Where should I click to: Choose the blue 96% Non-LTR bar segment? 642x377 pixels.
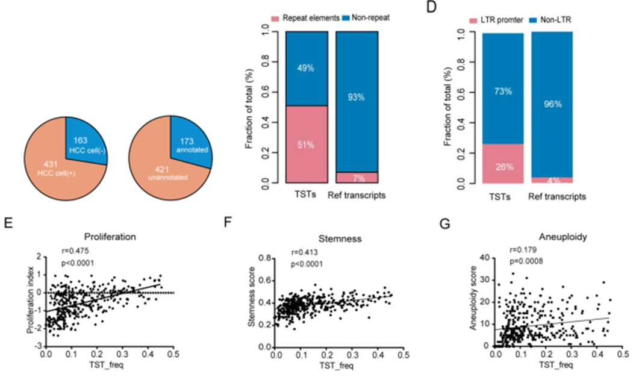pos(552,104)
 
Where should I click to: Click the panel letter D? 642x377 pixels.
pos(431,7)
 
